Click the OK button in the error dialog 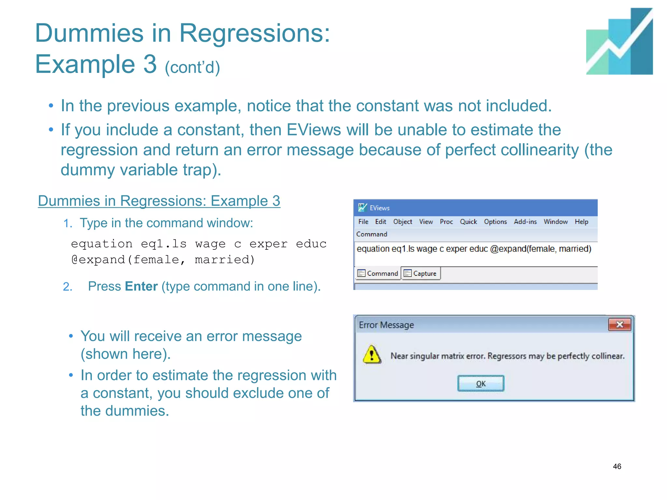[x=480, y=383]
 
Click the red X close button [x=619, y=325]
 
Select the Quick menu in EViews [x=468, y=222]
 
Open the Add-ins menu [x=525, y=222]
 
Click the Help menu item [x=581, y=222]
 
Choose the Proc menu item [x=446, y=222]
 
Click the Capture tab [x=421, y=273]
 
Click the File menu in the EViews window [x=363, y=222]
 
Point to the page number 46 [x=617, y=466]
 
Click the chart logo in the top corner [x=619, y=41]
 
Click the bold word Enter [x=141, y=286]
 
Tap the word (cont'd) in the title [x=192, y=67]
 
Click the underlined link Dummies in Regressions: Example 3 [x=159, y=201]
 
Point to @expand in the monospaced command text [x=98, y=259]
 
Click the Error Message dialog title [x=386, y=325]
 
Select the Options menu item [x=495, y=222]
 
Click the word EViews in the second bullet [x=314, y=130]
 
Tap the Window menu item [x=555, y=222]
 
